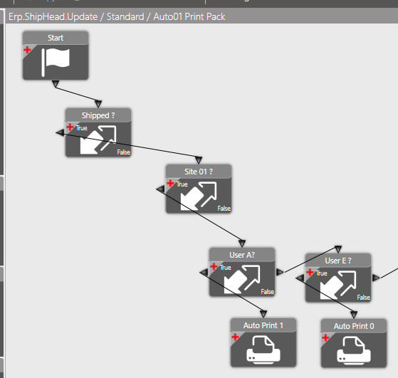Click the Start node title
tap(56, 38)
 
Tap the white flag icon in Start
tap(56, 62)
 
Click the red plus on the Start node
tap(27, 50)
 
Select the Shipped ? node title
tap(98, 115)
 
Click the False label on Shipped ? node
tap(124, 152)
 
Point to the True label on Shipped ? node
tap(81, 128)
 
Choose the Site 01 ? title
tap(199, 172)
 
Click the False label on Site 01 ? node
tap(224, 209)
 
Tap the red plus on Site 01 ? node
tap(170, 183)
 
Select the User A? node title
tap(242, 255)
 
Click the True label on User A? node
tap(226, 268)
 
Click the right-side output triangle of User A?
tap(280, 272)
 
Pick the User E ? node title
tap(338, 261)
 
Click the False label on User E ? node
tap(364, 298)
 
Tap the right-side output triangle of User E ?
tap(376, 278)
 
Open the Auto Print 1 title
tap(263, 325)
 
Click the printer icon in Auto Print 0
tap(354, 350)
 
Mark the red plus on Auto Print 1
tap(235, 337)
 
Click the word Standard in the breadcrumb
tap(125, 17)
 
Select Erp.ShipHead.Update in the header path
tap(53, 17)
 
